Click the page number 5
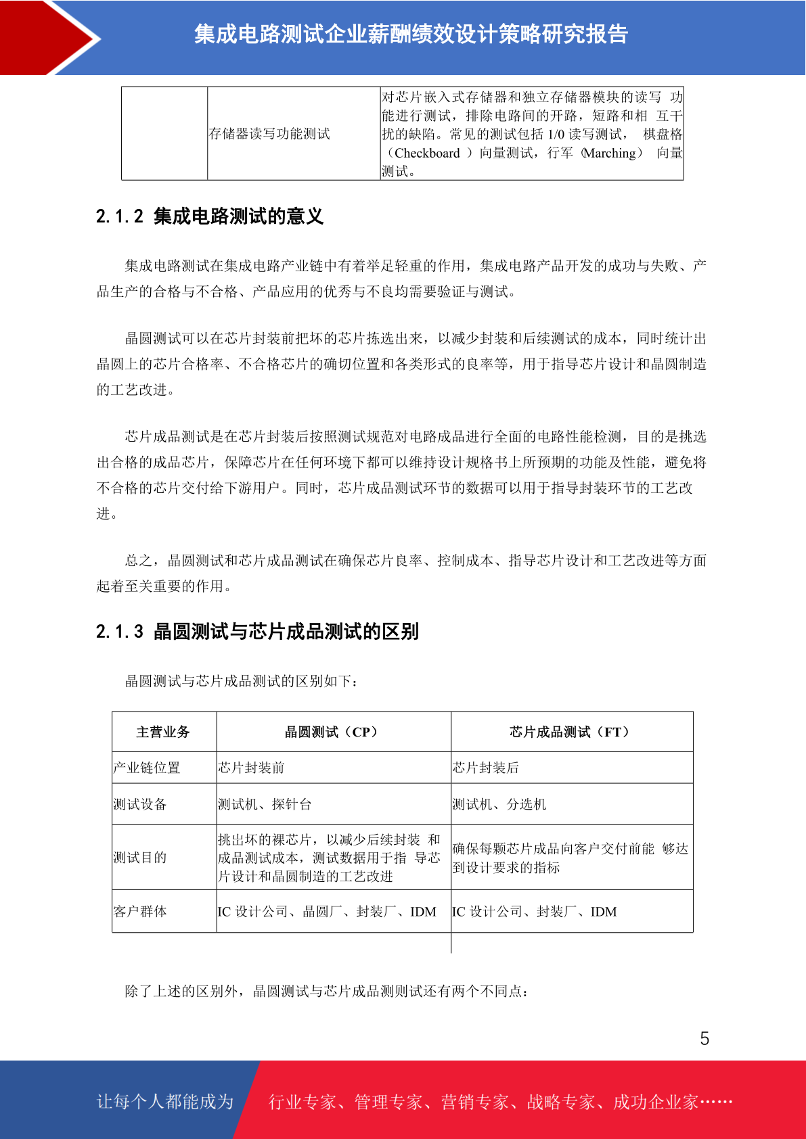pos(704,1039)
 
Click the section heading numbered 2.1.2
pos(210,216)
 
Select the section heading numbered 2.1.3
pos(257,632)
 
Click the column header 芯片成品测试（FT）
pos(571,732)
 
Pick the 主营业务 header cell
pos(163,732)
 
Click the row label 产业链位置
pos(147,768)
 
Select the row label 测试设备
pos(140,804)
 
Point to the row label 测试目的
pos(140,858)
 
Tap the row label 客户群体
pos(140,912)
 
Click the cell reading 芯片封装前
pos(251,768)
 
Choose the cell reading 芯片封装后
pos(485,768)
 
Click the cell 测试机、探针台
pos(265,804)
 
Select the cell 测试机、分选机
pos(499,804)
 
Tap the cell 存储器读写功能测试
pos(269,134)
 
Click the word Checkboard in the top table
pos(427,154)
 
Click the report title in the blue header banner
pos(411,34)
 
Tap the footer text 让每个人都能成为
pos(165,1102)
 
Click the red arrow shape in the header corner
pos(41,37)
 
